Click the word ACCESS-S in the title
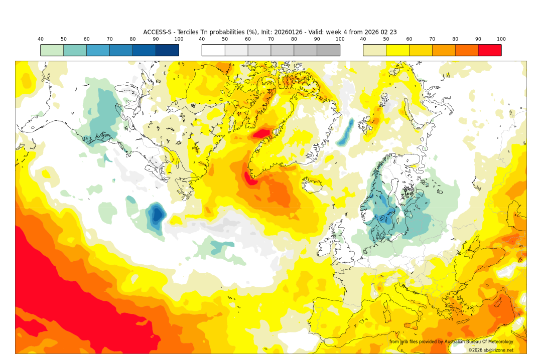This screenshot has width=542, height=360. point(157,32)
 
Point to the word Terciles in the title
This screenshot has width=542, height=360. point(185,32)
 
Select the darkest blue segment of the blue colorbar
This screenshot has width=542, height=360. point(167,50)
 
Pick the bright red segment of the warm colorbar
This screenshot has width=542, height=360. point(490,50)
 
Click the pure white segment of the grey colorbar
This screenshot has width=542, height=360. point(213,50)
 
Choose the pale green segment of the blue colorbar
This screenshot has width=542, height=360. point(52,50)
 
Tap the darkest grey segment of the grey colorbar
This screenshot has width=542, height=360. point(328,50)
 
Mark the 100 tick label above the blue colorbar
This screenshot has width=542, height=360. point(179,39)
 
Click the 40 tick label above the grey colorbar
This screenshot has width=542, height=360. point(202,39)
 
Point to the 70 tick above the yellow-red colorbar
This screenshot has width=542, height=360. point(432,39)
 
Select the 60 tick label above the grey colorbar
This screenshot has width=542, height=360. point(248,39)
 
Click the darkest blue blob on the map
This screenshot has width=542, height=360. point(157,215)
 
